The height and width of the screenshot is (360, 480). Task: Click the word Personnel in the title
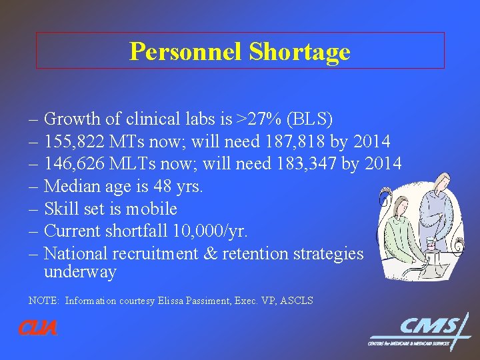click(185, 51)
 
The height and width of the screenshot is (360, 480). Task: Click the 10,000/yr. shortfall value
click(211, 231)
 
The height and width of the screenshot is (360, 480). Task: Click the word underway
click(80, 272)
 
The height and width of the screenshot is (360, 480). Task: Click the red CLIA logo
click(38, 329)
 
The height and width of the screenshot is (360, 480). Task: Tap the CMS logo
click(420, 331)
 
